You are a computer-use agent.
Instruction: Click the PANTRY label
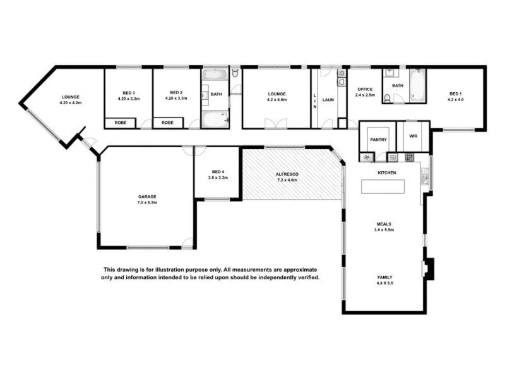[378, 140]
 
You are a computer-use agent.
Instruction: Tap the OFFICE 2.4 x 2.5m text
[365, 92]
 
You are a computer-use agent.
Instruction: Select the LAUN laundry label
[328, 100]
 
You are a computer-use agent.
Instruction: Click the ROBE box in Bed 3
[121, 123]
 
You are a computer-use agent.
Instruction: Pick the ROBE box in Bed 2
[167, 123]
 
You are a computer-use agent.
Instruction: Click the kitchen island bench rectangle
[382, 186]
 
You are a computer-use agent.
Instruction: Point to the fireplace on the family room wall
[429, 268]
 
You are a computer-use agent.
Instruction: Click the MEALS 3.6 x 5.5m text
[384, 226]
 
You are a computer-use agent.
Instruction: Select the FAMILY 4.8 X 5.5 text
[384, 280]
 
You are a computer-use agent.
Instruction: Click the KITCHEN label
[386, 172]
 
